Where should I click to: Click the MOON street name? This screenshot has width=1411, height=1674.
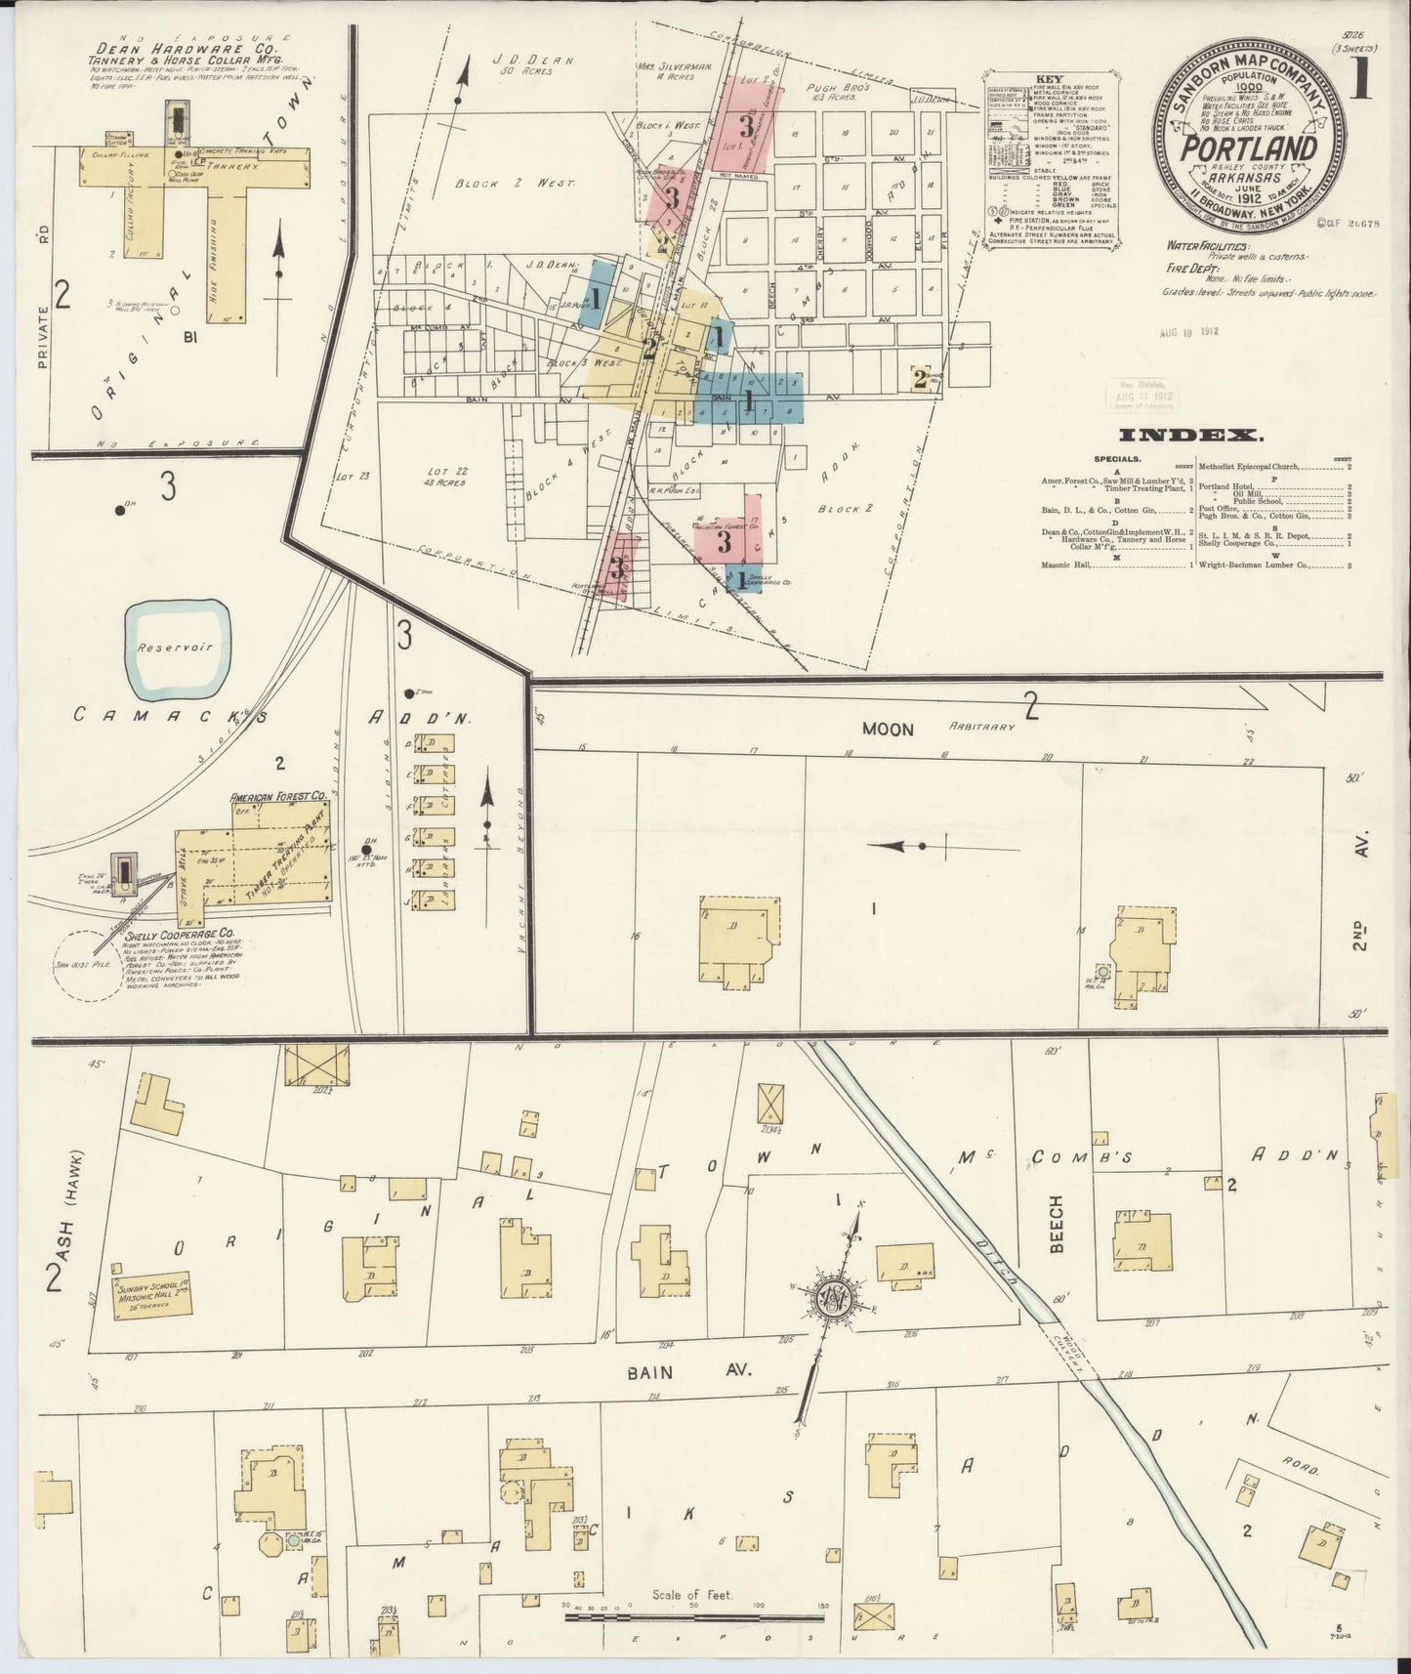tap(887, 729)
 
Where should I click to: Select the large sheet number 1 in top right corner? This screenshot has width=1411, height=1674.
tap(1362, 81)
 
